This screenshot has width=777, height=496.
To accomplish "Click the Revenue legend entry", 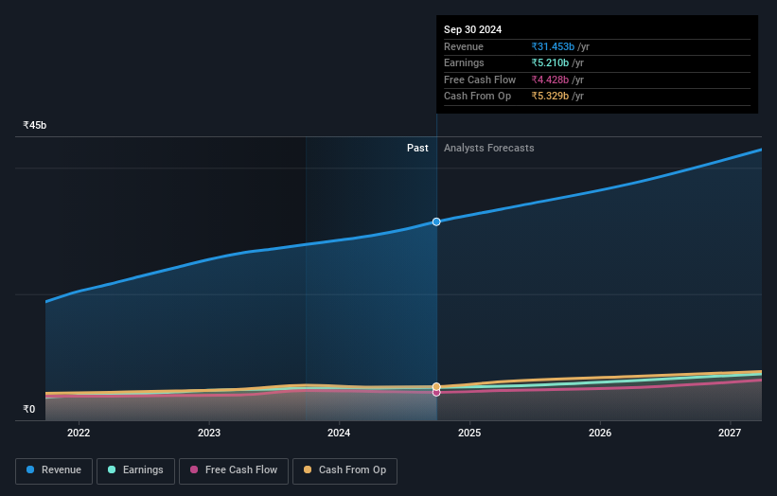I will point(54,470).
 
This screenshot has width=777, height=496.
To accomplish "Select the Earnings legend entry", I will point(135,470).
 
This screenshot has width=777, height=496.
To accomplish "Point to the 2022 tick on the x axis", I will point(79,434).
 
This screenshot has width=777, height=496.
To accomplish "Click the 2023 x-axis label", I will point(209,434).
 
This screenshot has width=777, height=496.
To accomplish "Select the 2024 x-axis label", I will point(339,434).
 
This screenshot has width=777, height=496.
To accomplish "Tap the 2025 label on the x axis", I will point(469,434).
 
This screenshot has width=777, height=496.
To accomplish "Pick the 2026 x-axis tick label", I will point(599,434).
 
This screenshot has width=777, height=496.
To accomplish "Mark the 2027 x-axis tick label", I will point(730,434).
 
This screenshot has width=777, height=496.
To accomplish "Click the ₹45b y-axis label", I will point(35,125).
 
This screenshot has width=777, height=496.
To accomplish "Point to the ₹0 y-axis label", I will point(29,410).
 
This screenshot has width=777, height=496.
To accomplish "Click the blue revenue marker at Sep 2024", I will point(436,221).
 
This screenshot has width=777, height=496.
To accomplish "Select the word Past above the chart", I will point(417,148).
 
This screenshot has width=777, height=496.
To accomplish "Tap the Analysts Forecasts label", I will point(488,148).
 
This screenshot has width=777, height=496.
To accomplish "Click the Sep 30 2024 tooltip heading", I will point(473,29).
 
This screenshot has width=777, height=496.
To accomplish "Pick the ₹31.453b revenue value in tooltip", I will point(554,46).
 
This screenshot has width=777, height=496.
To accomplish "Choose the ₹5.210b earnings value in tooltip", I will point(551,63).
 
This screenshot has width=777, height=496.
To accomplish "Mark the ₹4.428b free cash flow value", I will point(551,80).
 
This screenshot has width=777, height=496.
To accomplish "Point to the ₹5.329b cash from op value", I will point(551,97).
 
